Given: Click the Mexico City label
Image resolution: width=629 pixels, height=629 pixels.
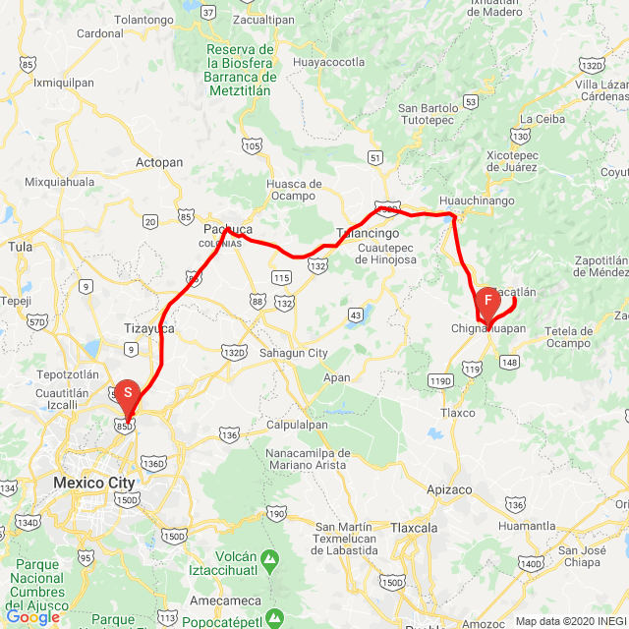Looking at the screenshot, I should pyautogui.click(x=94, y=483).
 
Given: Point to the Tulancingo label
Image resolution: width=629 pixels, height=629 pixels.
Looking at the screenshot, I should pyautogui.click(x=369, y=233).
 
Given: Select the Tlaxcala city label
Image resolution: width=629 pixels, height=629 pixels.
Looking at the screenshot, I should pyautogui.click(x=414, y=528).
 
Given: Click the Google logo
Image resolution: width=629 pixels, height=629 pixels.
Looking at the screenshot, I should pyautogui.click(x=32, y=617).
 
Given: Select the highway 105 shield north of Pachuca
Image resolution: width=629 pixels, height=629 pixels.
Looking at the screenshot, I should pyautogui.click(x=253, y=147).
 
